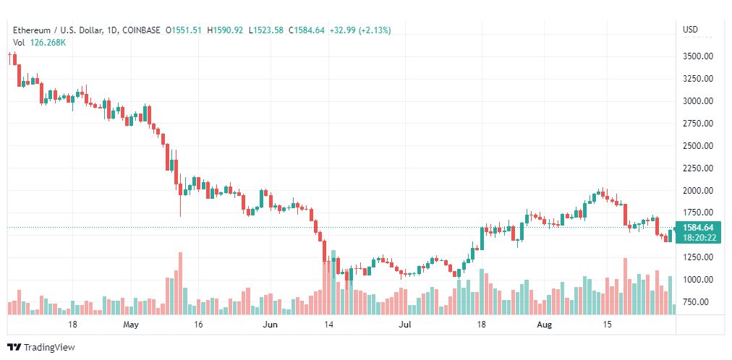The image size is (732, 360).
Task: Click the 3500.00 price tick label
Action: click(698, 56)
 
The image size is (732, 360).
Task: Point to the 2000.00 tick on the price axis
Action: click(698, 190)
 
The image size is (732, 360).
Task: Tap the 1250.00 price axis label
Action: click(698, 257)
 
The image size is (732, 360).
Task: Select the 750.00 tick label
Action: click(700, 301)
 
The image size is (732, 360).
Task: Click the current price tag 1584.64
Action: click(698, 228)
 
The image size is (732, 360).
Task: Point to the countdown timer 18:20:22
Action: click(698, 237)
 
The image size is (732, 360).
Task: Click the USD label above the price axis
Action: click(691, 30)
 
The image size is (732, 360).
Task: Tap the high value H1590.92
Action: click(226, 30)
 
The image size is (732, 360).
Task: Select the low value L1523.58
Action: click(266, 30)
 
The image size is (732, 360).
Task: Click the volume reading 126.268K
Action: click(48, 43)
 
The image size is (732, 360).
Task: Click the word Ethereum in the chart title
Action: click(30, 30)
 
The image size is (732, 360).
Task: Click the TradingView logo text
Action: click(48, 348)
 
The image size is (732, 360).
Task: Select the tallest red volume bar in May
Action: click(180, 283)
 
